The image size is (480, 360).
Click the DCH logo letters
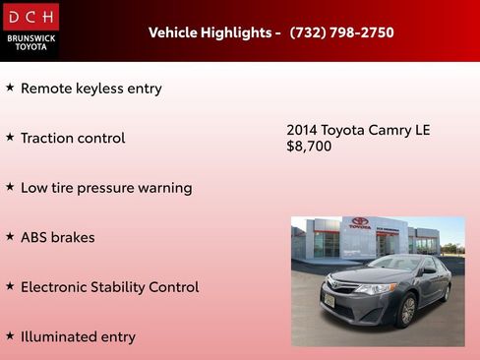[30, 17]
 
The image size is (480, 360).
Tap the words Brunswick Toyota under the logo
[30, 41]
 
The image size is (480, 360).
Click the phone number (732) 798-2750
[341, 32]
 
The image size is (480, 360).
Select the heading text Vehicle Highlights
[210, 32]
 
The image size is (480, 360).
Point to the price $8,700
[309, 147]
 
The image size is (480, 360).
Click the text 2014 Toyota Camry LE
[358, 130]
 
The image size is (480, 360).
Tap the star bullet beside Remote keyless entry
[10, 88]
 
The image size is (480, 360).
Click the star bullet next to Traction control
[10, 137]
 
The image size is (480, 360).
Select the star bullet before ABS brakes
[10, 236]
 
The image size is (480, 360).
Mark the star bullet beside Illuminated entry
[10, 335]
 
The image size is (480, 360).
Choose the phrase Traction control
[73, 138]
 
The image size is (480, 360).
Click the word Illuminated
[60, 336]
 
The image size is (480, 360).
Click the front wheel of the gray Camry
[406, 311]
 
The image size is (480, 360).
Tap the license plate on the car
[330, 299]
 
